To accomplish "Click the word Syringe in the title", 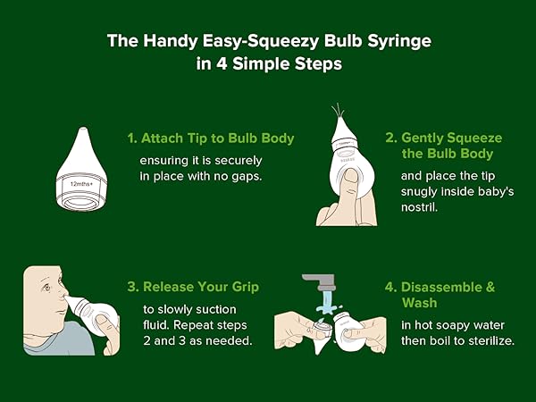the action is (x=399, y=42).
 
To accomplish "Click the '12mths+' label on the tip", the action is (x=81, y=184).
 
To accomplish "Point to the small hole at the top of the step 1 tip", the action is (x=82, y=130).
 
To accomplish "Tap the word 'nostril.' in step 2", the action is (x=420, y=207).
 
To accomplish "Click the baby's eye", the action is (x=46, y=287).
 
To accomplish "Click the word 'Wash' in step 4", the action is (x=420, y=303).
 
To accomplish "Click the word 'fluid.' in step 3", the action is (x=156, y=325).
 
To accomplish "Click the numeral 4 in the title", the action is (x=222, y=64).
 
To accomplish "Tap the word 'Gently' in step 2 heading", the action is (x=423, y=138).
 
